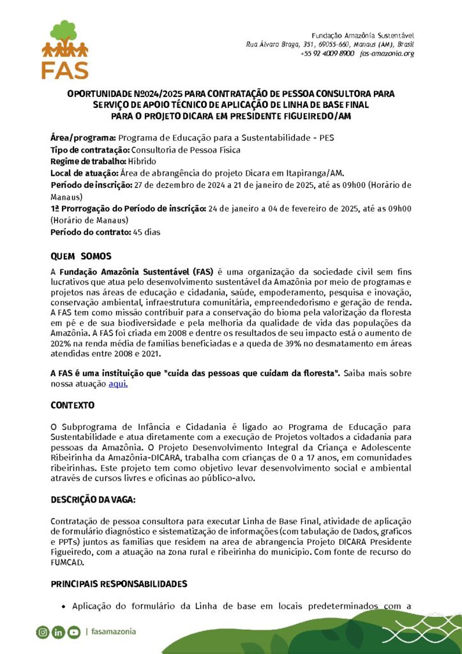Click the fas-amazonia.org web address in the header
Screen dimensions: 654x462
click(x=387, y=54)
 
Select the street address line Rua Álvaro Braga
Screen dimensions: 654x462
click(x=331, y=43)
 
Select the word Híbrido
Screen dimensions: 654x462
click(x=142, y=161)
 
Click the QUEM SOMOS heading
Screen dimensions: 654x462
click(x=81, y=256)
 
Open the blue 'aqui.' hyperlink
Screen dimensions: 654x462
click(x=119, y=384)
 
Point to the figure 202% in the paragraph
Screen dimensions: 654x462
click(x=61, y=342)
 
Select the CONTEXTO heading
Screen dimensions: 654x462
click(x=72, y=405)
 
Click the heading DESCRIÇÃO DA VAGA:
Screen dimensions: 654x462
click(x=93, y=499)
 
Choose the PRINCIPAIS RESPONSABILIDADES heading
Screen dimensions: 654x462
click(x=119, y=584)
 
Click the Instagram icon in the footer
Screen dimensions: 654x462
click(x=42, y=632)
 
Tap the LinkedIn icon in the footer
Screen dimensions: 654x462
click(x=58, y=632)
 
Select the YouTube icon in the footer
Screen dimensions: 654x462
click(x=74, y=632)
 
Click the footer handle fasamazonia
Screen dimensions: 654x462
click(x=113, y=632)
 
